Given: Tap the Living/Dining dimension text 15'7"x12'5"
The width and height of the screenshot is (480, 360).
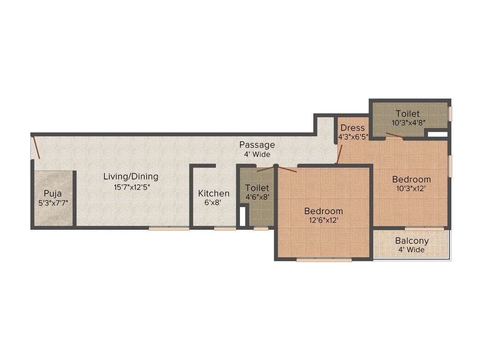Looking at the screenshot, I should coord(131,187).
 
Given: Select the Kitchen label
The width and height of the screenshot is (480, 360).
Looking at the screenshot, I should coord(214,193).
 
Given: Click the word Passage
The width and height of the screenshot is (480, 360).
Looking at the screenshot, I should coord(257,144).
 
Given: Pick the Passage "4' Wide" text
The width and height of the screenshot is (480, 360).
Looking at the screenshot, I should coord(257,154).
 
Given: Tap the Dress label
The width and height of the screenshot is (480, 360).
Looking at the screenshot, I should coord(352,128).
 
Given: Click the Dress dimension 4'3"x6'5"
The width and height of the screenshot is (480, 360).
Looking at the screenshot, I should coord(353,137).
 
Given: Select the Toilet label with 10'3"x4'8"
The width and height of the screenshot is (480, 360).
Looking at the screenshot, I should coord(407,113).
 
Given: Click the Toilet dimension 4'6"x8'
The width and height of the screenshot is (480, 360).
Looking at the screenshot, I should coord(257,197).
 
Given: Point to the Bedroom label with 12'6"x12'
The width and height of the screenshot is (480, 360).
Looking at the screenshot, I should coord(323,211).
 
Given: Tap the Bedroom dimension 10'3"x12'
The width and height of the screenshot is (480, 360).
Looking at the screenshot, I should coord(412,188).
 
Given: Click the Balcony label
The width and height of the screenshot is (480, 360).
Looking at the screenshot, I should coord(412,241).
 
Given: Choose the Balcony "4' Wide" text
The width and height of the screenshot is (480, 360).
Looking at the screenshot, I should coord(412,250).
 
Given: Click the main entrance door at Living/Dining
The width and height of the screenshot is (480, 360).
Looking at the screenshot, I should coord(36,147).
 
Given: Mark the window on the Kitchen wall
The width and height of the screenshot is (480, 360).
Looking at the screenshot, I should coord(225,229).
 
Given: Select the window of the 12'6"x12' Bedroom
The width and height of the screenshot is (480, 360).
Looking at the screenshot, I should coord(324,259).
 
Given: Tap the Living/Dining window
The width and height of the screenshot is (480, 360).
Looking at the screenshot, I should coord(169,229).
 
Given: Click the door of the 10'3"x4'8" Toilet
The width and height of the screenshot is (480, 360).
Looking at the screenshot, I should coord(395,136).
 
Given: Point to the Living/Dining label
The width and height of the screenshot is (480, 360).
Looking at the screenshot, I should coord(131,177).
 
